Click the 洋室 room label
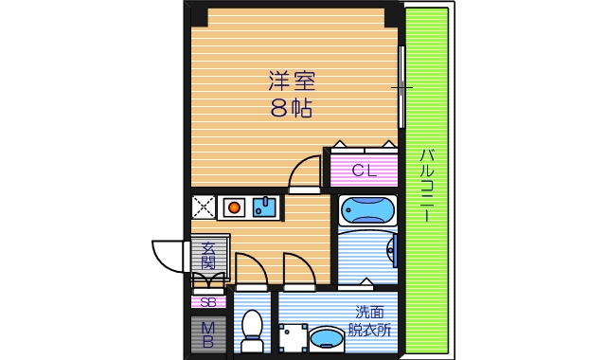click(291, 81)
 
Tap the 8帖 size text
click(291, 108)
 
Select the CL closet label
click(364, 171)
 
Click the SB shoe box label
click(208, 302)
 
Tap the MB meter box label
click(208, 334)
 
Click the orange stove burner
click(233, 207)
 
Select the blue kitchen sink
click(264, 207)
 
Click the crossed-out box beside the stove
click(204, 207)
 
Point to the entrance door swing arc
click(167, 255)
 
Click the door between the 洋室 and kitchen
click(306, 174)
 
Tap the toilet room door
click(251, 271)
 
